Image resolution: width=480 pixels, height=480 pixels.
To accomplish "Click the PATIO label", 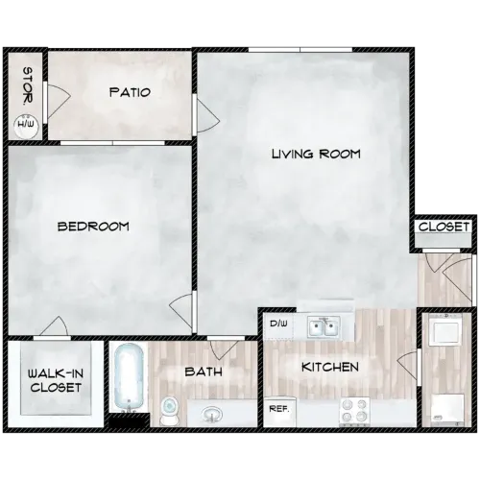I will click(129, 92).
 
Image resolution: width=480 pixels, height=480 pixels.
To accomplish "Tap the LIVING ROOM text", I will click(315, 153).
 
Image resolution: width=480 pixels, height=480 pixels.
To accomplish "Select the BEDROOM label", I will click(93, 227).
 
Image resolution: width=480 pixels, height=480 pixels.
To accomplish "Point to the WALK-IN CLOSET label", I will click(54, 380).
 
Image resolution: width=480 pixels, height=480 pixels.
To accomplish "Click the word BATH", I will click(204, 371).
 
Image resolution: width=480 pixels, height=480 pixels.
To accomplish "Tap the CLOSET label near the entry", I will click(444, 228).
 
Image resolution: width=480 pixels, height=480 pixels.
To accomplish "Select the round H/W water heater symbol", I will click(25, 122).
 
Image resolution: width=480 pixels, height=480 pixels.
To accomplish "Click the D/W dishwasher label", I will click(279, 324).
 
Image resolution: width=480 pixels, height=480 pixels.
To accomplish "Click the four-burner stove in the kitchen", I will click(355, 410).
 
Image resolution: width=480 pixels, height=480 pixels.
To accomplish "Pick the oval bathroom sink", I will click(210, 414).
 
